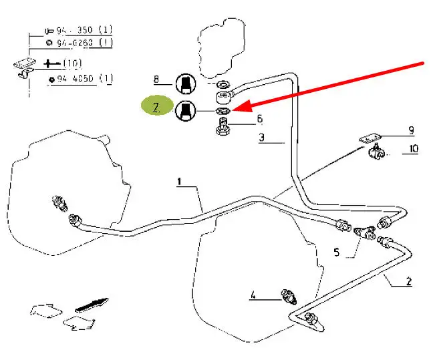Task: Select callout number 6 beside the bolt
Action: click(259, 119)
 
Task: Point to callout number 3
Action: click(262, 139)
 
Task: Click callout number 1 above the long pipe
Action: click(179, 182)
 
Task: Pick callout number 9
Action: click(412, 130)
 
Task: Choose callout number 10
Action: click(413, 149)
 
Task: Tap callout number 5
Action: click(337, 252)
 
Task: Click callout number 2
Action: click(409, 281)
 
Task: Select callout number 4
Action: click(253, 294)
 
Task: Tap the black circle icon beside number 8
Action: click(186, 83)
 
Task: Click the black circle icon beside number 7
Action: click(186, 110)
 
